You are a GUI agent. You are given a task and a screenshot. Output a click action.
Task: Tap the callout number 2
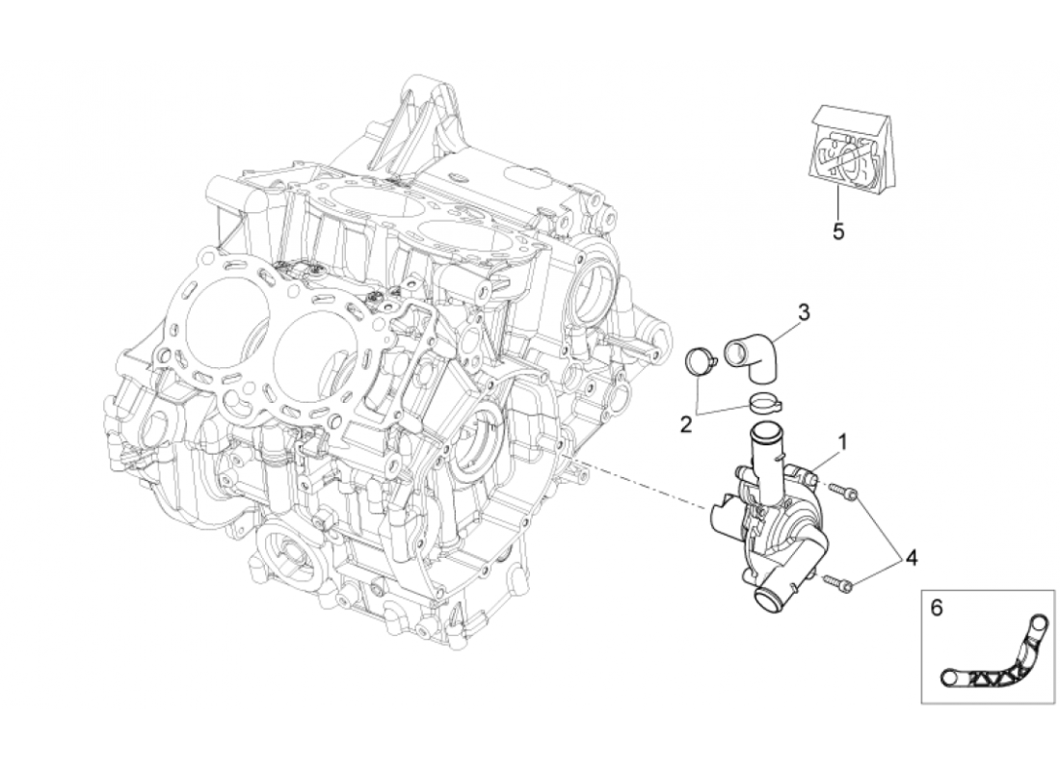tap(686, 424)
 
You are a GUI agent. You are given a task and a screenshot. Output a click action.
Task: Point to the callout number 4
tap(911, 556)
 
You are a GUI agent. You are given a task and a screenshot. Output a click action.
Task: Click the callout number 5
tap(838, 233)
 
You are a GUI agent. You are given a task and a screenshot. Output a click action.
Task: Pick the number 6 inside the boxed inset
tap(935, 608)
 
